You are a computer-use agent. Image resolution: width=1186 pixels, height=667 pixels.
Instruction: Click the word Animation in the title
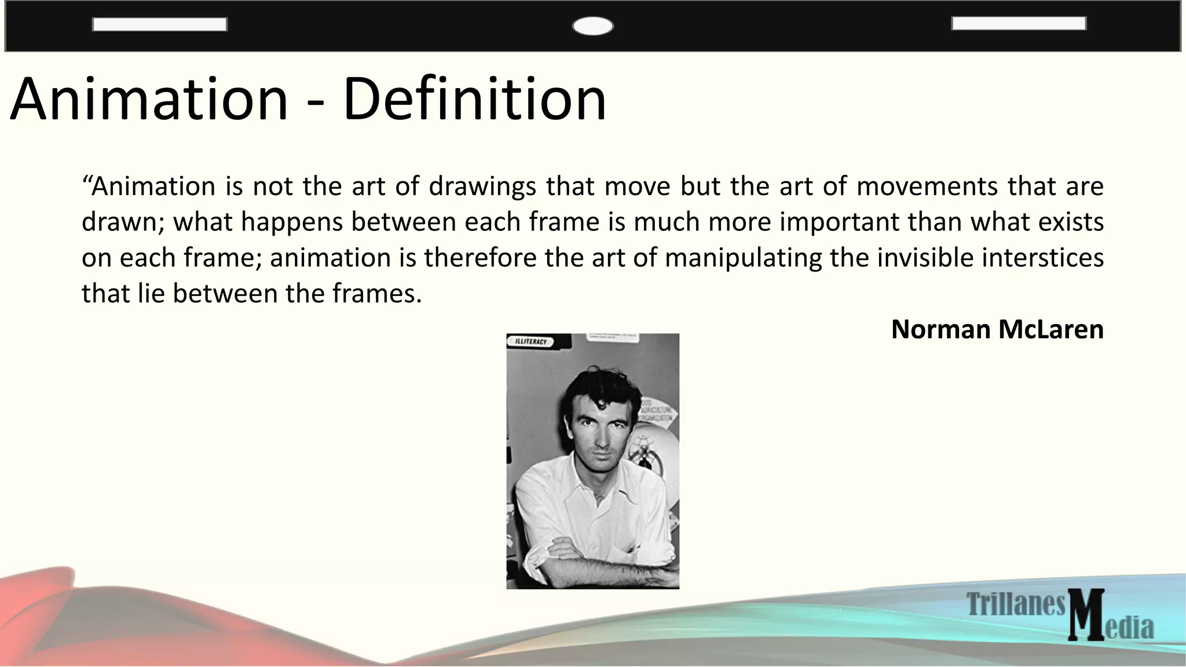(149, 100)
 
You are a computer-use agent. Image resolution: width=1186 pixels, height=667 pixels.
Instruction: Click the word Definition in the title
(474, 100)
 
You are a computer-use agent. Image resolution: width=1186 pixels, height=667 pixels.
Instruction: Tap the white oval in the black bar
(592, 27)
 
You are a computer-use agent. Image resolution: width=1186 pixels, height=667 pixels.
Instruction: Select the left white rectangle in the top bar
(159, 24)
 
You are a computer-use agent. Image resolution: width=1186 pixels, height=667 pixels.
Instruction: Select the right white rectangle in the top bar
(1019, 24)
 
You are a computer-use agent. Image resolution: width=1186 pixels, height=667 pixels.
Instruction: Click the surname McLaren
(1051, 329)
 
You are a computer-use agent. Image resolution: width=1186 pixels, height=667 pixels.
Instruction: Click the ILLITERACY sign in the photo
(530, 342)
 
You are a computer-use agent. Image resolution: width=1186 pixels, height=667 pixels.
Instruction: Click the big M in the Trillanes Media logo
(1086, 615)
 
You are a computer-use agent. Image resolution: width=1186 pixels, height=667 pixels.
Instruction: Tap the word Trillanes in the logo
(1016, 604)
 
